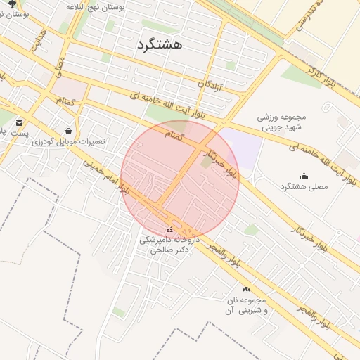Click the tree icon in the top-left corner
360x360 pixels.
click(x=11, y=4)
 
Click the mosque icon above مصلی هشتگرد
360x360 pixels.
click(x=304, y=176)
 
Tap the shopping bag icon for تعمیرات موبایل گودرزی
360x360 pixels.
click(x=68, y=131)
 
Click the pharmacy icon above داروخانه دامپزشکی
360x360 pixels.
click(x=169, y=229)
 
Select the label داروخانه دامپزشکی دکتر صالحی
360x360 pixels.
click(x=169, y=244)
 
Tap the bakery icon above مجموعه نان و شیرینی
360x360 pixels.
click(x=246, y=290)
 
